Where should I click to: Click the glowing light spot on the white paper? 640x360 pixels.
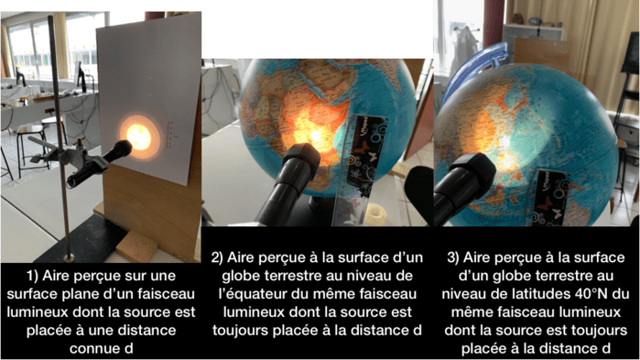139,136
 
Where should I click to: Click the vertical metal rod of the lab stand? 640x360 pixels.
60,137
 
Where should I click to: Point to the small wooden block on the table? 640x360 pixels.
136,247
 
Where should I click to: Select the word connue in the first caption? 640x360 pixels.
87,349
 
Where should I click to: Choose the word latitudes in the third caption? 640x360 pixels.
536,294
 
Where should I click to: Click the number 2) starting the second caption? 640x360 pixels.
217,258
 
